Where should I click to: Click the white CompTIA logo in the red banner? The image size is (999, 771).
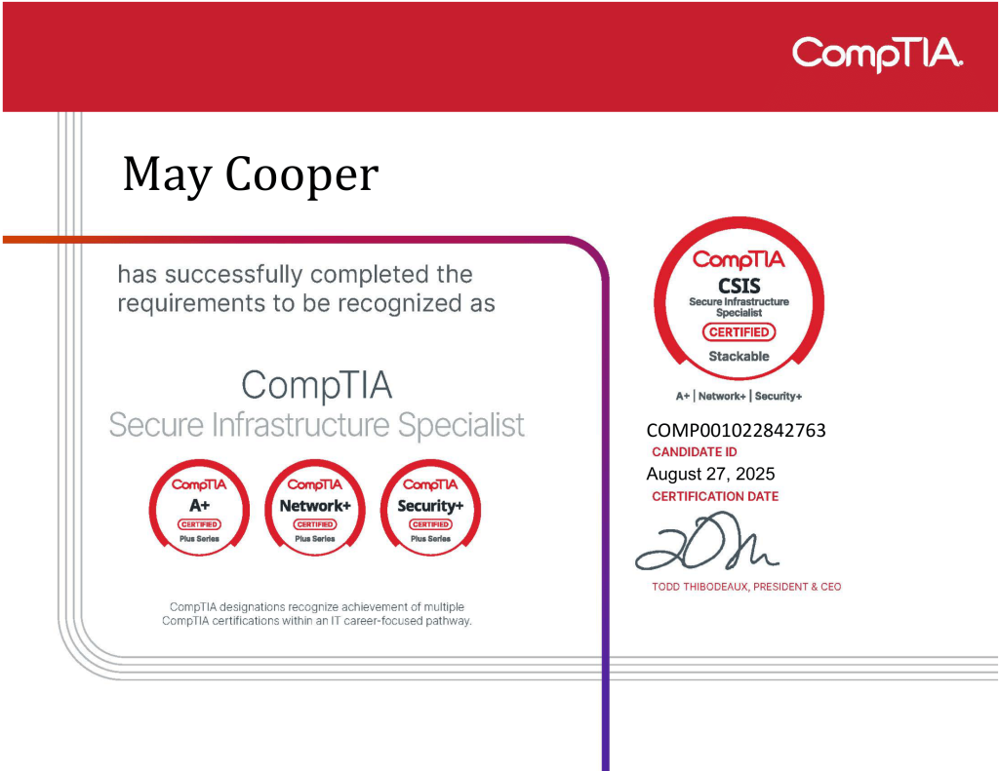[x=877, y=55]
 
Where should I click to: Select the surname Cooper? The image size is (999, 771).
[x=302, y=173]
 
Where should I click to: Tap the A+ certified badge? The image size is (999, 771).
[x=199, y=508]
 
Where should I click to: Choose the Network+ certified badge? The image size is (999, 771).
[x=315, y=508]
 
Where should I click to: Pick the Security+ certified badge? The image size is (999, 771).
[x=430, y=508]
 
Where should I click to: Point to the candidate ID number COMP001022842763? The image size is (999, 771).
[x=736, y=431]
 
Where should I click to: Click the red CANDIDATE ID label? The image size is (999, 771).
[x=695, y=452]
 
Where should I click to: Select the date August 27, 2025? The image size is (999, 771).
[x=710, y=474]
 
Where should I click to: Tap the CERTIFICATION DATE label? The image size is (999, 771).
[x=715, y=496]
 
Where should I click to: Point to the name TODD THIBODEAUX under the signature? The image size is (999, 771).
[x=699, y=587]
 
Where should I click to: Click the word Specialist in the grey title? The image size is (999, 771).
[x=461, y=425]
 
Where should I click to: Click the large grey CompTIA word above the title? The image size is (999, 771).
[x=317, y=385]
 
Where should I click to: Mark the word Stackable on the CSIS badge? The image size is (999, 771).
[x=739, y=357]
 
